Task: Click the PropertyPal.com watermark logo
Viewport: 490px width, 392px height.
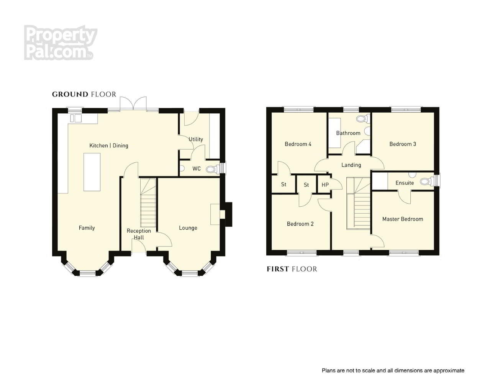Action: [60, 42]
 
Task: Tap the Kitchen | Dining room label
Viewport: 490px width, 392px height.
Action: [109, 145]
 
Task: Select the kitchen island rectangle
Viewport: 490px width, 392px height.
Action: [92, 172]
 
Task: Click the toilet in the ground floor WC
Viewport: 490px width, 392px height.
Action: [213, 169]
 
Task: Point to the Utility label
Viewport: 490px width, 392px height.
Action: [196, 139]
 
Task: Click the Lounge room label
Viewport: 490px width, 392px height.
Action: [188, 228]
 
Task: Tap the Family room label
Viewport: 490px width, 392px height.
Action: [87, 228]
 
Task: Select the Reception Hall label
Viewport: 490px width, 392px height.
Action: [139, 234]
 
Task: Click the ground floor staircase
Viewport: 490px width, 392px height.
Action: [148, 203]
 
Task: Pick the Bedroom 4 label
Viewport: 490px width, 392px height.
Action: [298, 144]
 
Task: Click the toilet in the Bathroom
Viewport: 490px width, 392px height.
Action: [364, 119]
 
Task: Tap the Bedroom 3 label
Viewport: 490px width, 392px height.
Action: [403, 144]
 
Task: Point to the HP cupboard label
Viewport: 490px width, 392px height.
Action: [325, 185]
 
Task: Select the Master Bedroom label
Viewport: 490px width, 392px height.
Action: [403, 219]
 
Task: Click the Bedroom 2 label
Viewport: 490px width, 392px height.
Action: [300, 224]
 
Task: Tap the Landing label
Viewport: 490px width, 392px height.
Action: [351, 165]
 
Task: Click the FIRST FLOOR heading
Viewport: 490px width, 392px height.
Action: [292, 269]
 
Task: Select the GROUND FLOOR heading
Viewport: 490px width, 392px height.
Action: [84, 94]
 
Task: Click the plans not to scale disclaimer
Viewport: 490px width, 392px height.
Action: [393, 371]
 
